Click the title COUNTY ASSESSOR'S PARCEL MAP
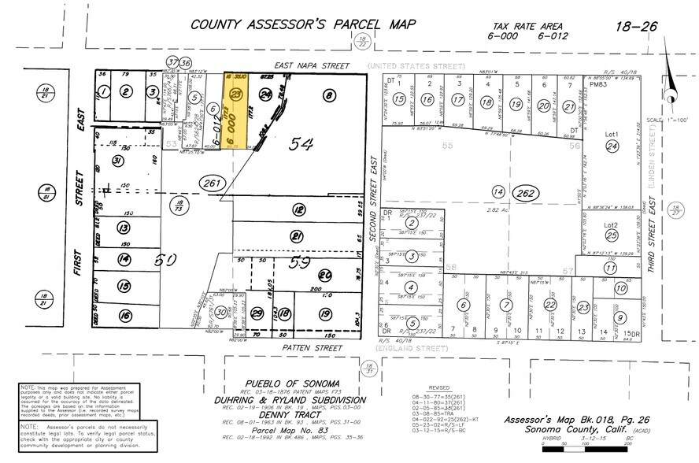coord(303,24)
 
